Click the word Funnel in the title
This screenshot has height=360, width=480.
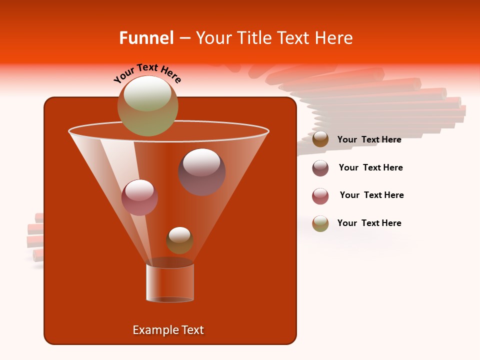pos(146,38)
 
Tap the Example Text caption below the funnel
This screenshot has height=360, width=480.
pos(168,330)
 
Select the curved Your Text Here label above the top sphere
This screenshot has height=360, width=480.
pos(147,73)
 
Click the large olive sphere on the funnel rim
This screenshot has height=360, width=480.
pos(147,105)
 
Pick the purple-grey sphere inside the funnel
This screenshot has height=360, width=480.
pos(202,172)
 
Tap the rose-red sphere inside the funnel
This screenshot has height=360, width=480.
pos(139,197)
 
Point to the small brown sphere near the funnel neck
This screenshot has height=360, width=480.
pos(179,240)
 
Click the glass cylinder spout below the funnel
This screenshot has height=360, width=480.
pos(170,282)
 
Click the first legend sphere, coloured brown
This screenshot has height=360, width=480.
pos(320,139)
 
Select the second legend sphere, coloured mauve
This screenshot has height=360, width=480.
pos(320,168)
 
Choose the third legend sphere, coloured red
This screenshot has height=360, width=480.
pos(320,196)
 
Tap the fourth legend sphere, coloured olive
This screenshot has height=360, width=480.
pos(320,223)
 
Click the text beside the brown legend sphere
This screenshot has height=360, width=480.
pos(369,139)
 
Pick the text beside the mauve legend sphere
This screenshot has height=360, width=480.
pos(370,167)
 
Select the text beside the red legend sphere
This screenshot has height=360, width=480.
pos(371,195)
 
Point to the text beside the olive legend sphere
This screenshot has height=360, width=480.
pos(369,223)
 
